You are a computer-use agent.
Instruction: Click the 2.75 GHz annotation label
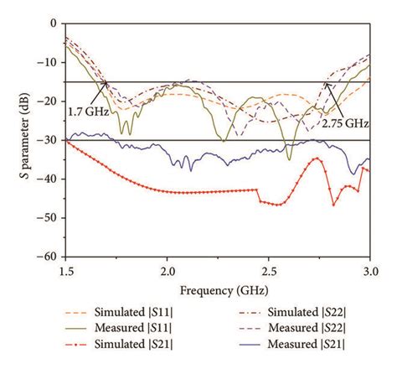click(343, 121)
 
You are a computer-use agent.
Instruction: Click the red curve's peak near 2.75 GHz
click(318, 159)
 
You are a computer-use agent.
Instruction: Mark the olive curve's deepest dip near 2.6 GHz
click(289, 159)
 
